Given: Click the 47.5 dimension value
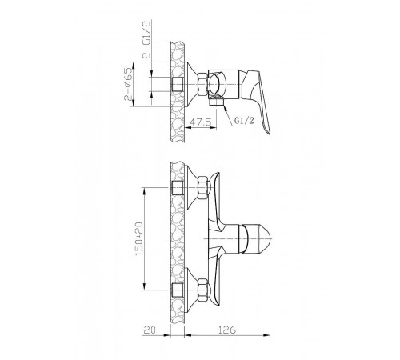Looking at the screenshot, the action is pos(200,122).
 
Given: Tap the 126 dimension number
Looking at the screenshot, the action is pos(227,330).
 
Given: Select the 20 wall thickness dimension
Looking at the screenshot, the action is pos(150,330).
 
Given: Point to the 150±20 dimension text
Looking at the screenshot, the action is pos(139,238).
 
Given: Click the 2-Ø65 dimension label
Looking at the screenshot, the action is pos(128,84).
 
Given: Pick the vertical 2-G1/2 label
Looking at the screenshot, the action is pos(147,39).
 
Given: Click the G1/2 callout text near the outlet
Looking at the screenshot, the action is pos(245,121).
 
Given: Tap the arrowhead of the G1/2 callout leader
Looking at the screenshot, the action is pos(226,107).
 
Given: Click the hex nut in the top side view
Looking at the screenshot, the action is pos(202,84).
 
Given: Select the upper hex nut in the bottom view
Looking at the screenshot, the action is pos(202,188).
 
